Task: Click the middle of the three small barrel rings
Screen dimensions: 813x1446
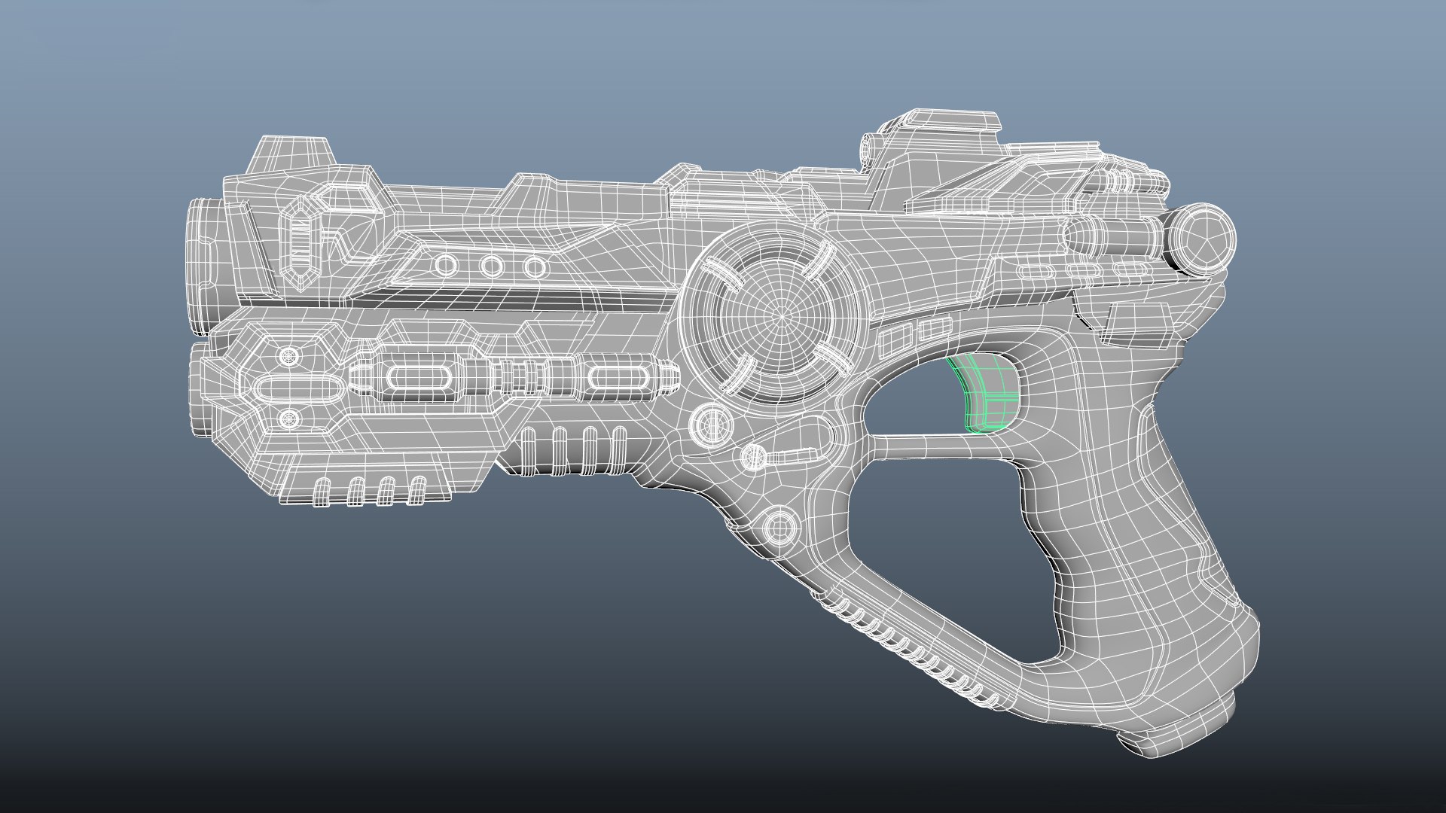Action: coord(492,266)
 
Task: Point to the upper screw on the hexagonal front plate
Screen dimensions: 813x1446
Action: coord(287,355)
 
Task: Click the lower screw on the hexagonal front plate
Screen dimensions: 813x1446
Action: coord(287,419)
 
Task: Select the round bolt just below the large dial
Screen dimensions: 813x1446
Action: coord(712,423)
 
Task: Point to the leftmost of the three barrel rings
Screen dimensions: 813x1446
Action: coord(446,266)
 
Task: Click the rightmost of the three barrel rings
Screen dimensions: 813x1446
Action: coord(535,266)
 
